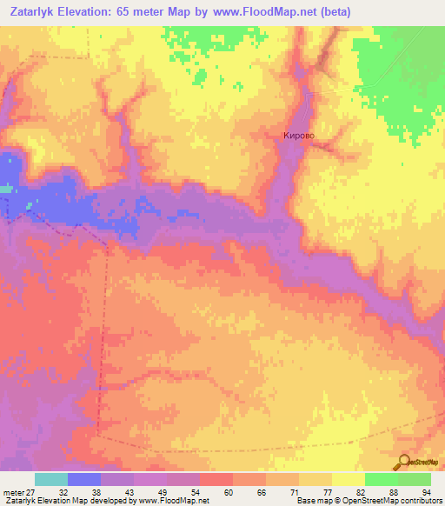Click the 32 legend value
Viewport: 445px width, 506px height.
[x=63, y=491]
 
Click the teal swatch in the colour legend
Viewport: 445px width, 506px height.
[x=51, y=479]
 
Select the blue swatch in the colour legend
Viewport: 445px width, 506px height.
[x=84, y=479]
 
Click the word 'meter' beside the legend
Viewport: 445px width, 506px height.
[x=12, y=491]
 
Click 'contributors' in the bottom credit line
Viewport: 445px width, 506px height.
[x=420, y=501]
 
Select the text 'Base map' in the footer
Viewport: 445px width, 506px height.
[x=310, y=501]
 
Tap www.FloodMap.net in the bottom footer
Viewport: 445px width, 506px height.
[x=173, y=501]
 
